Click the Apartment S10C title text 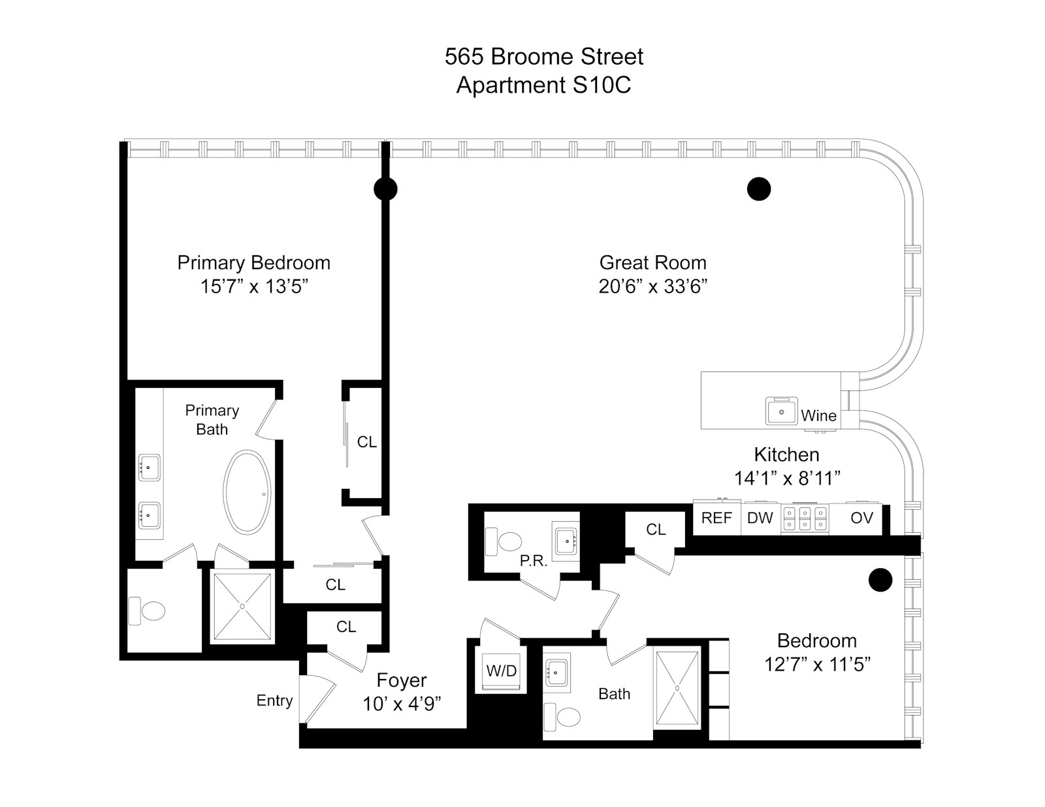543,86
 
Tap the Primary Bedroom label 253,262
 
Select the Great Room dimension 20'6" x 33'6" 653,287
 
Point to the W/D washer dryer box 502,671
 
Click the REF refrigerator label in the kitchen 716,518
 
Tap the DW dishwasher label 760,518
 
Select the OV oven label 861,518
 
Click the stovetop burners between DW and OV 805,519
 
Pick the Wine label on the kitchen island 818,416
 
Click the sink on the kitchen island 782,411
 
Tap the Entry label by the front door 274,701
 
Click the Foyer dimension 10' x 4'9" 402,704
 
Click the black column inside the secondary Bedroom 880,579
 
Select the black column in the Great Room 758,189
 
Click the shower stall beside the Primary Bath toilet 242,607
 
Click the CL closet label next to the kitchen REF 656,530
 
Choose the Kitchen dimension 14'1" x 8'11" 786,479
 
